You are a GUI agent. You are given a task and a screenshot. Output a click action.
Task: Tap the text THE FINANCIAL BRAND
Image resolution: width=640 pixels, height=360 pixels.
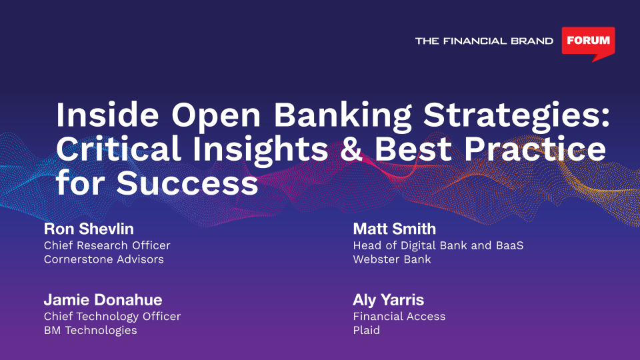[484, 41]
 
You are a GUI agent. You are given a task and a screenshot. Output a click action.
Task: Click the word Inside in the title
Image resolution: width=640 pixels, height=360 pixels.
[107, 115]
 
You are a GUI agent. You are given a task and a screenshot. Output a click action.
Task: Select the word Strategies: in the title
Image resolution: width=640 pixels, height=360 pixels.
[517, 117]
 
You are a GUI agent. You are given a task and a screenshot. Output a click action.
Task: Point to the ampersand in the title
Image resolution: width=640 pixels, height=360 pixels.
[351, 149]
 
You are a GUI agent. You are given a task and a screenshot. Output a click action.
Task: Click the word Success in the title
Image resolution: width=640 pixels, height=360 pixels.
[187, 183]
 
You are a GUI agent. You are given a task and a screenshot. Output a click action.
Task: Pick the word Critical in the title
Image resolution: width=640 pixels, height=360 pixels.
[119, 149]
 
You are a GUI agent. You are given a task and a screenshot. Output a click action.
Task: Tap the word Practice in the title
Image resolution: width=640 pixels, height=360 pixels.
[535, 149]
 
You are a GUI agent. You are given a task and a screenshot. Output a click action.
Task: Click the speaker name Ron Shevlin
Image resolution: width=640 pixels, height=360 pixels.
[89, 229]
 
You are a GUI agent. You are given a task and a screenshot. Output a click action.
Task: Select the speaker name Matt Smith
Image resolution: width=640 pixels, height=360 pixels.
[394, 229]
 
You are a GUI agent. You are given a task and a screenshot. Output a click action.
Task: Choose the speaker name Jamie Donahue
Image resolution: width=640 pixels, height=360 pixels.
[103, 300]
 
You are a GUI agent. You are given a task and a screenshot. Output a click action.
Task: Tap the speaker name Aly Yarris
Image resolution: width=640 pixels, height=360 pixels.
[388, 301]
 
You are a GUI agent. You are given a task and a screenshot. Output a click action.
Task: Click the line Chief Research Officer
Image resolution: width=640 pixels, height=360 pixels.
[107, 245]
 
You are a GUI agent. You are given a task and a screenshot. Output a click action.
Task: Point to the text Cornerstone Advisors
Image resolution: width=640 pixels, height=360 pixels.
[104, 259]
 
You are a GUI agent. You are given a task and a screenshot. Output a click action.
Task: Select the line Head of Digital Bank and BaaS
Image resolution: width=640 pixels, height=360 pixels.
[438, 246]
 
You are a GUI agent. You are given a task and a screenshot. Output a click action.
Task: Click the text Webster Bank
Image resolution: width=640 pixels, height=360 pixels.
[392, 259]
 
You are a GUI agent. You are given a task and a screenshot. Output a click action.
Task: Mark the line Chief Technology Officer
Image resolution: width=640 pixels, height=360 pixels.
[112, 317]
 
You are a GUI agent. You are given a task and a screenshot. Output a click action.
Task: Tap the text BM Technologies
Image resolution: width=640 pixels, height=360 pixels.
[90, 331]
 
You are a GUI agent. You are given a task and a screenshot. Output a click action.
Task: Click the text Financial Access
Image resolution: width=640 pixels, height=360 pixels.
[399, 316]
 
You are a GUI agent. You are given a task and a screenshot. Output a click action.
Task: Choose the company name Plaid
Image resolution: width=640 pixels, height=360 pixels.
[366, 330]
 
